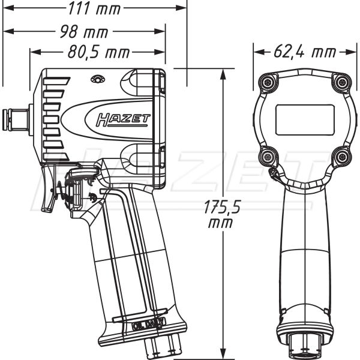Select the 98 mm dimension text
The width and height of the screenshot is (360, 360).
(x=84, y=31)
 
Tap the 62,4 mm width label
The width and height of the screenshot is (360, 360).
(x=304, y=52)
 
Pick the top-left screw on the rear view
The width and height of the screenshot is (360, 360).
(x=266, y=82)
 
